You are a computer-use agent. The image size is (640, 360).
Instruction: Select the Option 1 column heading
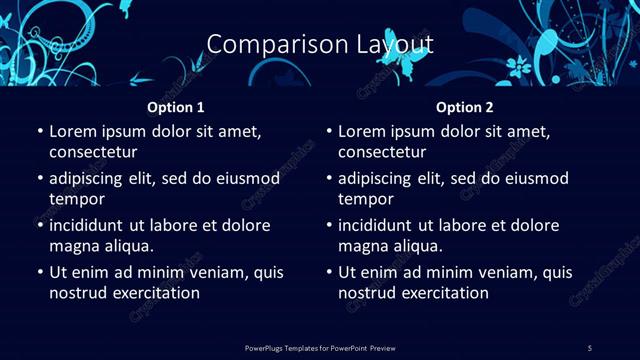pos(176,107)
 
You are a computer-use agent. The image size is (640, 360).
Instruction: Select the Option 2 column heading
pos(465,107)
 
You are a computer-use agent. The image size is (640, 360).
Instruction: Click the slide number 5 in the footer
pos(590,347)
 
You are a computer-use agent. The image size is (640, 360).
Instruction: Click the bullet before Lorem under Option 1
pos(39,131)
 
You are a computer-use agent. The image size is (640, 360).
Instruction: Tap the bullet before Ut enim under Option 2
pos(328,272)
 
